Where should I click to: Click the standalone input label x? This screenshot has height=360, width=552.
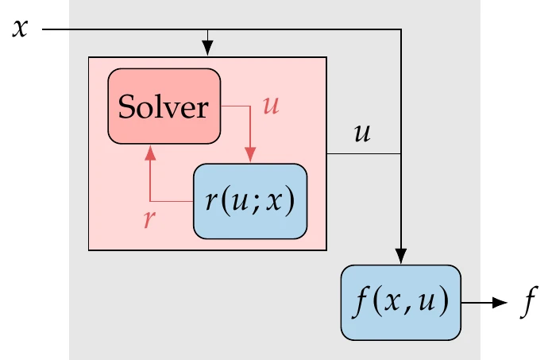[x=21, y=29]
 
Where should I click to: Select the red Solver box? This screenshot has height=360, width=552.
[x=164, y=106]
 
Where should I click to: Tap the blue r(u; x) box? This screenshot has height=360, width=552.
[x=249, y=201]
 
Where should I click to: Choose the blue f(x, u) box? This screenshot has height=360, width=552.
[x=401, y=300]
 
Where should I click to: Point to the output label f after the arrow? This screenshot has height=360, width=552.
[x=525, y=301]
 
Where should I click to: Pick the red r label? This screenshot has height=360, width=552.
[x=148, y=219]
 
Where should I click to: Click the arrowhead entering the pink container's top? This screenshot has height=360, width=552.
[x=208, y=50]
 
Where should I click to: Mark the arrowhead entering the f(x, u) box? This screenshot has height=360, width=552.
[x=402, y=256]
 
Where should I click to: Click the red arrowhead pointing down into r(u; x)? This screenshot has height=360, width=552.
[x=250, y=155]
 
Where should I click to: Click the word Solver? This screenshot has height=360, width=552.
[x=164, y=106]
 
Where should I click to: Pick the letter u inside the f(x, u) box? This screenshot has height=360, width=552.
[x=432, y=301]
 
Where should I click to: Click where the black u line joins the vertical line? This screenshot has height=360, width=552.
[x=402, y=153]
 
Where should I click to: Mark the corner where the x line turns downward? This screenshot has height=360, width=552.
[x=402, y=30]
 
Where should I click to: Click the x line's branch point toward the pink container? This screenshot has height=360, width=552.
[x=208, y=30]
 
